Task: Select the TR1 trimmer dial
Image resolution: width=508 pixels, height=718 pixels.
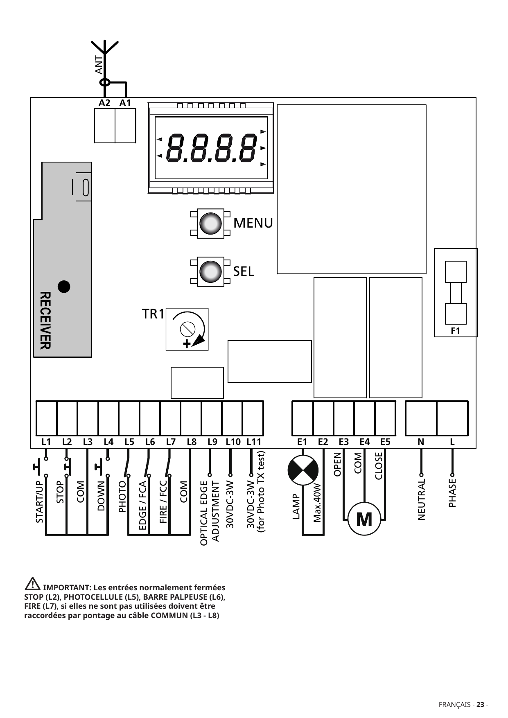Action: [x=187, y=329]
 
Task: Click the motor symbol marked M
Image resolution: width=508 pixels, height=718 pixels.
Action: [x=364, y=519]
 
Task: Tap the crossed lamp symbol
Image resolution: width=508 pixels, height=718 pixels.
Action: [x=303, y=470]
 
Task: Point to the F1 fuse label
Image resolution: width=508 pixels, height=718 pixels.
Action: [x=456, y=331]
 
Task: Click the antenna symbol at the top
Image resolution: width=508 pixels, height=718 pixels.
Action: [x=104, y=51]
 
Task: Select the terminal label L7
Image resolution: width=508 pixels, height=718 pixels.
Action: [x=171, y=442]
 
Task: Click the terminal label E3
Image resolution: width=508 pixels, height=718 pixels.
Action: [x=344, y=442]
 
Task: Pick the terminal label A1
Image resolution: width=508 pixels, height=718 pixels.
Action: [x=125, y=103]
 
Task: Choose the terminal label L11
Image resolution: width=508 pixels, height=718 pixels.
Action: [x=254, y=442]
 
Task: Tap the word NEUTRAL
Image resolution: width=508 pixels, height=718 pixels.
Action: [x=422, y=499]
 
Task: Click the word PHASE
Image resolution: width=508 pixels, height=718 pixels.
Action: [x=452, y=492]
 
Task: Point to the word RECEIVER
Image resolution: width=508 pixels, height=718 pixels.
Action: [x=45, y=320]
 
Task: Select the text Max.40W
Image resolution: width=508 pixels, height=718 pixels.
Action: [x=317, y=502]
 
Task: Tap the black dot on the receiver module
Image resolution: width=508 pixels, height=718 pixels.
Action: [x=64, y=287]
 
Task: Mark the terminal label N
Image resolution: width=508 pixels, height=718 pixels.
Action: [x=421, y=442]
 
